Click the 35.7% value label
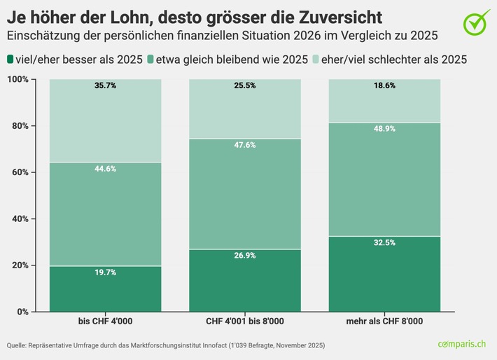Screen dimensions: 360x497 (105, 86)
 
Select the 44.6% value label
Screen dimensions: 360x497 (105, 169)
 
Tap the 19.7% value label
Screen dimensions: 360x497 (105, 272)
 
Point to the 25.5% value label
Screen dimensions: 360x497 (244, 86)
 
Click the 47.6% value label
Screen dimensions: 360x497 (244, 146)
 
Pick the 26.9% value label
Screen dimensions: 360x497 (244, 256)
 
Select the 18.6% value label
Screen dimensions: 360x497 (384, 86)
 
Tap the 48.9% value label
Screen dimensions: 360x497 (384, 130)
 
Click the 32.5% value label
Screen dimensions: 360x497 (384, 243)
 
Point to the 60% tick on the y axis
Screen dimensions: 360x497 (19, 172)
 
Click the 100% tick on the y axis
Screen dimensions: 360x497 (17, 79)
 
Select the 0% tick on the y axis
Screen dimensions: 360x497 (22, 312)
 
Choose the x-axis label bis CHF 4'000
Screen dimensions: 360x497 (105, 322)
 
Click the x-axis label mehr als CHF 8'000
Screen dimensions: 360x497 (384, 322)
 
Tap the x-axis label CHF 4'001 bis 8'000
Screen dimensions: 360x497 (244, 322)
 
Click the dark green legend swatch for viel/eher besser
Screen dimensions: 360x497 (11, 60)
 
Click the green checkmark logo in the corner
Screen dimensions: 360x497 (477, 22)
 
